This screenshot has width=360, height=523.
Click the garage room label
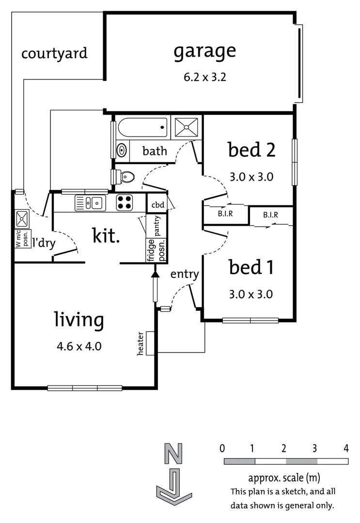(205, 51)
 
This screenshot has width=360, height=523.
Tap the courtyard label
(54, 53)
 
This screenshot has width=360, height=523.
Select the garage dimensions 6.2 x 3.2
(205, 77)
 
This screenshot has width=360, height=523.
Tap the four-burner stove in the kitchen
(125, 202)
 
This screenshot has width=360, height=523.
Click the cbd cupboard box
(157, 204)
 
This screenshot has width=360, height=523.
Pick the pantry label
(157, 226)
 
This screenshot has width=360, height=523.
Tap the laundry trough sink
(22, 219)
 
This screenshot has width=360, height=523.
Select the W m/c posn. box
(22, 238)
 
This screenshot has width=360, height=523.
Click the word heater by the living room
(141, 344)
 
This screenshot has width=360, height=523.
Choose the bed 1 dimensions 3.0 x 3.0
(250, 294)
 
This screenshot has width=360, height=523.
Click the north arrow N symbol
(174, 455)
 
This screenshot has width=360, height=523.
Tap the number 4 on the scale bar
(346, 448)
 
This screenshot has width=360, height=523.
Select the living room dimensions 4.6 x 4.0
(78, 346)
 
